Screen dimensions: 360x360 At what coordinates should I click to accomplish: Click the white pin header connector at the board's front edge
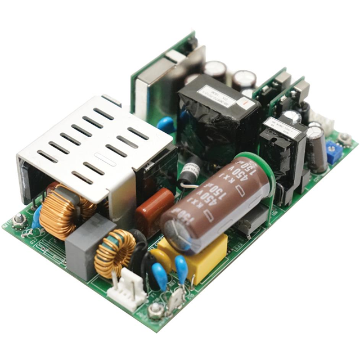(x=130, y=281)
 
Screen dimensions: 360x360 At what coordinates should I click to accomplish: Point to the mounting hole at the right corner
(x=345, y=138)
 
